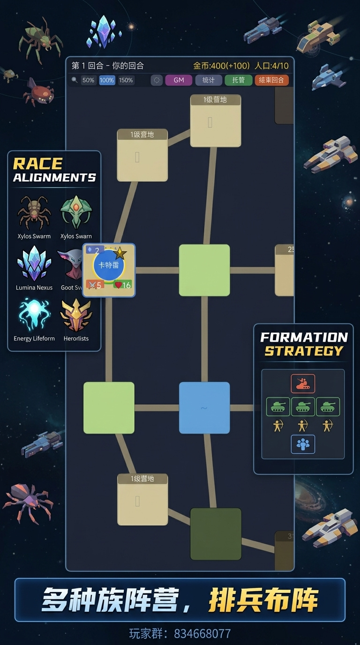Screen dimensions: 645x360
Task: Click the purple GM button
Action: [179, 80]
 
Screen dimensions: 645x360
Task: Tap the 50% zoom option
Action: [88, 80]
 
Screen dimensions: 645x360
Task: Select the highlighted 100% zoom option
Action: [107, 80]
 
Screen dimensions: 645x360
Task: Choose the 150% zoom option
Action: [126, 80]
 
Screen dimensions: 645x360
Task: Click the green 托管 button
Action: [238, 80]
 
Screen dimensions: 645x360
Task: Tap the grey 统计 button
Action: [209, 80]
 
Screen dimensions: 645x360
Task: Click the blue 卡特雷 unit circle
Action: [109, 265]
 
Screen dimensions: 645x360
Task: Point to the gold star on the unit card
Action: [120, 253]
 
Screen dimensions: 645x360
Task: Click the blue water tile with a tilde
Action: [204, 408]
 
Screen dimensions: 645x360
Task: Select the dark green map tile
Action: [216, 534]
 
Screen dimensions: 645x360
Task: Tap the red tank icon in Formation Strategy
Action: [303, 383]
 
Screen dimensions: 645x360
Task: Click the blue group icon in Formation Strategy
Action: [303, 444]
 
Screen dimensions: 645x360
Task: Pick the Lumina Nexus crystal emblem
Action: [34, 264]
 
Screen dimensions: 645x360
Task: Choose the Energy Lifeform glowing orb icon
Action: [34, 315]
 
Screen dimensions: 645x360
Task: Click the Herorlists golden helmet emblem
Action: [76, 315]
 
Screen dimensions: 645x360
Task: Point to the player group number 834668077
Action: [202, 634]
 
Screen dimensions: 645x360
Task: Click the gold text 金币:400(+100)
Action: [222, 66]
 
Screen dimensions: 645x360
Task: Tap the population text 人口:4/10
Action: [271, 66]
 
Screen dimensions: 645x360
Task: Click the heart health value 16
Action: [122, 285]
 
